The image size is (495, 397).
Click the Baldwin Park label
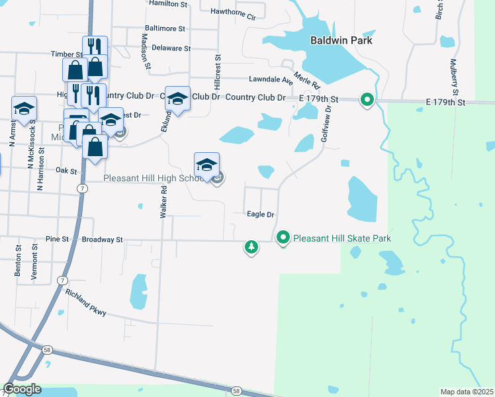point(341,40)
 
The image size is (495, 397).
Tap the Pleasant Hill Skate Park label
point(342,238)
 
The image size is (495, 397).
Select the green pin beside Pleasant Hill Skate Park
point(283,237)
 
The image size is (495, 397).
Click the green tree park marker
point(251,247)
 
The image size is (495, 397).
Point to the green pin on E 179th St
point(367,100)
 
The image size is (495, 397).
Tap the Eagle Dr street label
point(260,214)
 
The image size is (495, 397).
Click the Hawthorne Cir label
point(232,12)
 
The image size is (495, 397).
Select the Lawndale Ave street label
point(271,79)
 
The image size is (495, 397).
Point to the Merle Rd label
point(307,81)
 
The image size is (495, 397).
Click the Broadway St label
point(101,240)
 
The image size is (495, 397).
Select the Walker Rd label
point(163,202)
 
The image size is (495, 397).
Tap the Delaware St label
point(171,48)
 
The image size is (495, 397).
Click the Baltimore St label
point(165,28)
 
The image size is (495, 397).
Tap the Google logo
point(22,389)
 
